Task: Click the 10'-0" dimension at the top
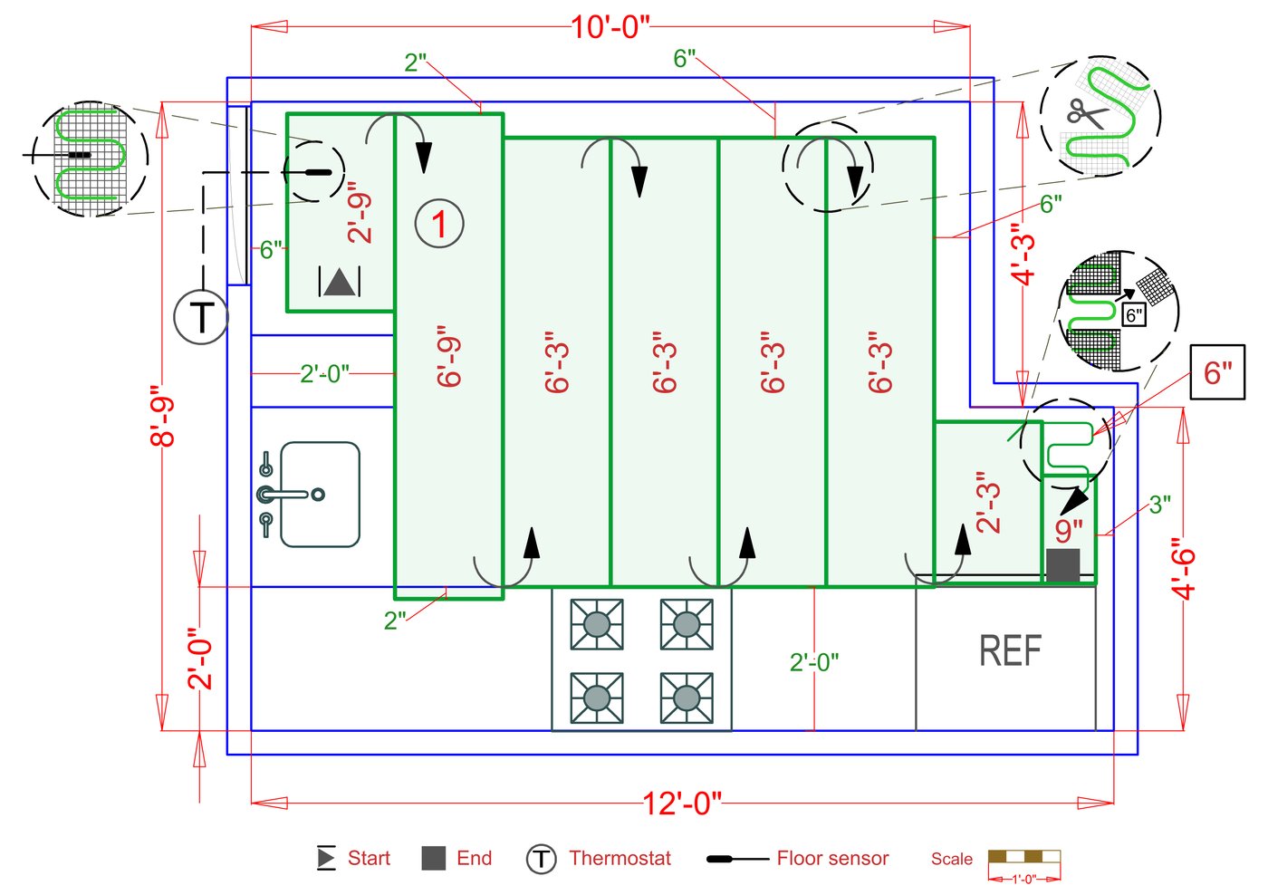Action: coord(610,27)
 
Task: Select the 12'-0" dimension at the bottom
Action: coord(681,803)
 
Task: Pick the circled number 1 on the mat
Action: coord(439,224)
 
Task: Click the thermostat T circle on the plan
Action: coord(200,317)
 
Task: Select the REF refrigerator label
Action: coord(1010,650)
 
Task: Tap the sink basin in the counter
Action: coord(320,494)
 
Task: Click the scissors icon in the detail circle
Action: coord(1087,113)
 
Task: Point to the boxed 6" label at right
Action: coord(1217,372)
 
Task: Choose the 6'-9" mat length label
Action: coord(449,356)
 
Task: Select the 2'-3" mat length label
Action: coord(988,501)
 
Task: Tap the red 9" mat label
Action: coord(1069,529)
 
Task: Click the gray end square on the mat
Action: coord(1062,564)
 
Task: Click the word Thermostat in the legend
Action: coord(620,858)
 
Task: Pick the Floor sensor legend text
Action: coord(832,858)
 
